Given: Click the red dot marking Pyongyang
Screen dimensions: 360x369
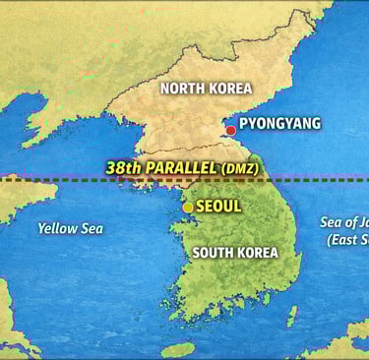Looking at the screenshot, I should click(230, 130).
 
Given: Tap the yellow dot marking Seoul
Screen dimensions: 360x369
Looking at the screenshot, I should click(188, 207).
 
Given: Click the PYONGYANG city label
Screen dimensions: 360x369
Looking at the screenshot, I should click(279, 125).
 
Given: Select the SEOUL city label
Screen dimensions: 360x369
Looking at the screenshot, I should click(218, 207).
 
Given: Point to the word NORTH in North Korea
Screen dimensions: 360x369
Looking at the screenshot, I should click(181, 88).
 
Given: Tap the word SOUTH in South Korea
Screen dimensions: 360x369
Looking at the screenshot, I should click(214, 252).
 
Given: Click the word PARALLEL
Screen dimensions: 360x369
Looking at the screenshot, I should click(183, 167).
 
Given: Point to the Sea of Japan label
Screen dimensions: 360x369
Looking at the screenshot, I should click(344, 222).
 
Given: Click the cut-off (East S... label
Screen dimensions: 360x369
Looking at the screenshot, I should click(346, 239).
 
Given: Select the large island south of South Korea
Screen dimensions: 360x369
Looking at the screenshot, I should click(178, 349).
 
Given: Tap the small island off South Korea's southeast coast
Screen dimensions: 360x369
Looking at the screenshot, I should click(292, 315).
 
